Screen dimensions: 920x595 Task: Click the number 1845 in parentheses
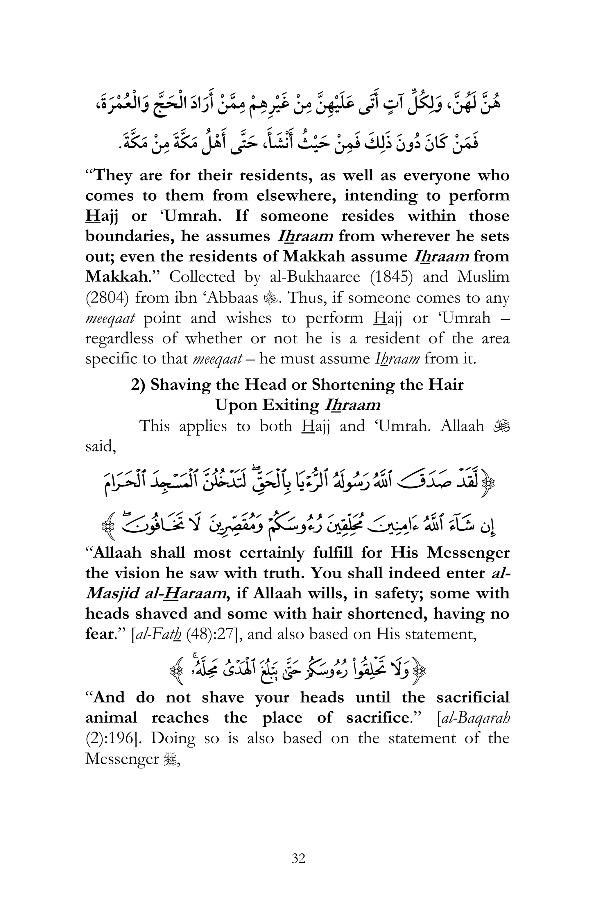[x=391, y=277]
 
